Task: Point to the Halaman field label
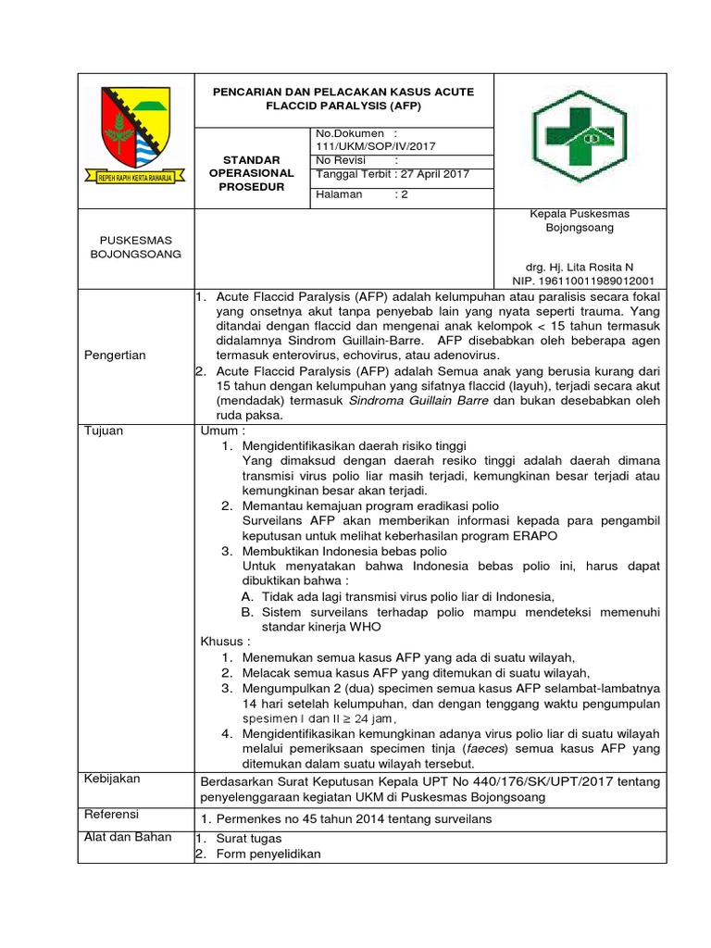(x=339, y=194)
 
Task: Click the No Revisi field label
(x=343, y=160)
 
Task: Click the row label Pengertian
(x=115, y=355)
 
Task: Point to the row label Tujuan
(x=104, y=431)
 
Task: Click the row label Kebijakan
(x=112, y=779)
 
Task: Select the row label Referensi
(x=111, y=814)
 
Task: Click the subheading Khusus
(x=225, y=641)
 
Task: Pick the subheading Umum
(x=223, y=431)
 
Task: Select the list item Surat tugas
(x=250, y=839)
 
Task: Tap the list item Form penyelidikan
(x=268, y=854)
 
